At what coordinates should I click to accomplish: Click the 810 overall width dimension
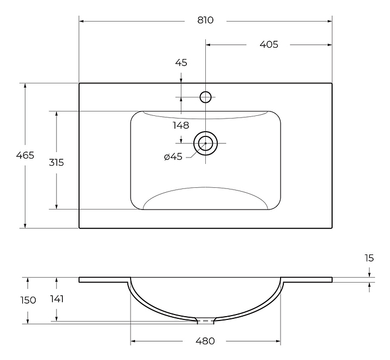[205, 21]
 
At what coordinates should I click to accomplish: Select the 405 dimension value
[269, 44]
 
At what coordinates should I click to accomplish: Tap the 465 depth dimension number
[25, 155]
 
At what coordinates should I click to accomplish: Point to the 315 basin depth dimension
[55, 162]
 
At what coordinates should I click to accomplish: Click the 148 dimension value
[181, 126]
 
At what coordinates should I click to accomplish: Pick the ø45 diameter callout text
[173, 157]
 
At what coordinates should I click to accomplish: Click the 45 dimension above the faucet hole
[181, 63]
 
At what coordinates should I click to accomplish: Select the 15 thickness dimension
[369, 258]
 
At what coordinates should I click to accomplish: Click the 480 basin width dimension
[205, 341]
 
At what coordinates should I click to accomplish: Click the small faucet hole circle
[205, 97]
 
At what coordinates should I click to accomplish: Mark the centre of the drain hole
[205, 143]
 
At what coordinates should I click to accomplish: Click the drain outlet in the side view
[205, 321]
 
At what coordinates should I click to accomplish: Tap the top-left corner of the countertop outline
[80, 83]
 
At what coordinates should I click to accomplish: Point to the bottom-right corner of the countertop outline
[331, 228]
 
